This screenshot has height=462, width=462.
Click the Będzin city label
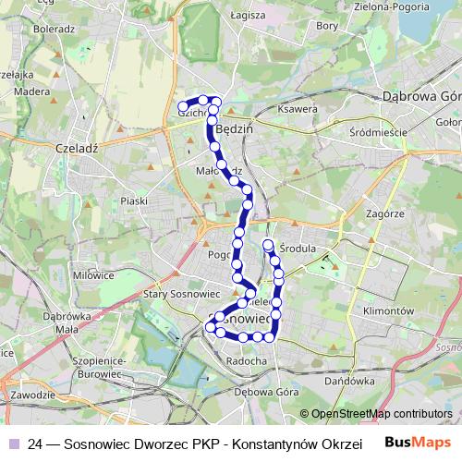click(237, 130)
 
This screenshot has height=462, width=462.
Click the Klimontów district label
click(388, 311)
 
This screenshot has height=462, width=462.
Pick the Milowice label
click(93, 274)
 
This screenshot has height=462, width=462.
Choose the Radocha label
click(247, 360)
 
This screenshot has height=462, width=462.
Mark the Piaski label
click(134, 201)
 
